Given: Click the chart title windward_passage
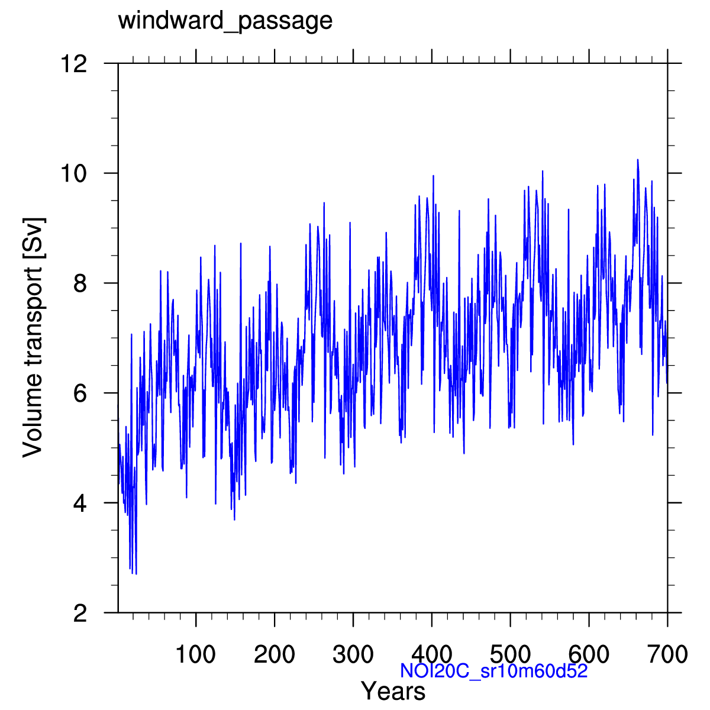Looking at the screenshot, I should pyautogui.click(x=225, y=21).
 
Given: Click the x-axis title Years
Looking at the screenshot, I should pyautogui.click(x=393, y=691).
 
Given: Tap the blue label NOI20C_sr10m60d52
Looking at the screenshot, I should pyautogui.click(x=493, y=671).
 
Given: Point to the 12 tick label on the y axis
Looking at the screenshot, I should pyautogui.click(x=75, y=63).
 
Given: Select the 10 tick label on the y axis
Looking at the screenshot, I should pyautogui.click(x=75, y=173).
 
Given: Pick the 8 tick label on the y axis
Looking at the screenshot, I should pyautogui.click(x=81, y=283).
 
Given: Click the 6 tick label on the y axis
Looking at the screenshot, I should pyautogui.click(x=81, y=393).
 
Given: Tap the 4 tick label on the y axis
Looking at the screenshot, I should pyautogui.click(x=81, y=503).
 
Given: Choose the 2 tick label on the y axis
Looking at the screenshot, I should pyautogui.click(x=81, y=613).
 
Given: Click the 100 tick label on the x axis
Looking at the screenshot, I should pyautogui.click(x=196, y=654).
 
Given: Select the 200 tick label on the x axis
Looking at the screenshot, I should pyautogui.click(x=275, y=654).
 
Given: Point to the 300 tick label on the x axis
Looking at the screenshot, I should pyautogui.click(x=353, y=654).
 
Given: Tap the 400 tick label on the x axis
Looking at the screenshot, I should pyautogui.click(x=432, y=654).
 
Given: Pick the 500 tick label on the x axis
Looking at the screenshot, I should pyautogui.click(x=511, y=654).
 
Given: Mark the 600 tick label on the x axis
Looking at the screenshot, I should pyautogui.click(x=589, y=654).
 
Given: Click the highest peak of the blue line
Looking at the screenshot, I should pyautogui.click(x=637, y=159).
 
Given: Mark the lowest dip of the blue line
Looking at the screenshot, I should pyautogui.click(x=136, y=573).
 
